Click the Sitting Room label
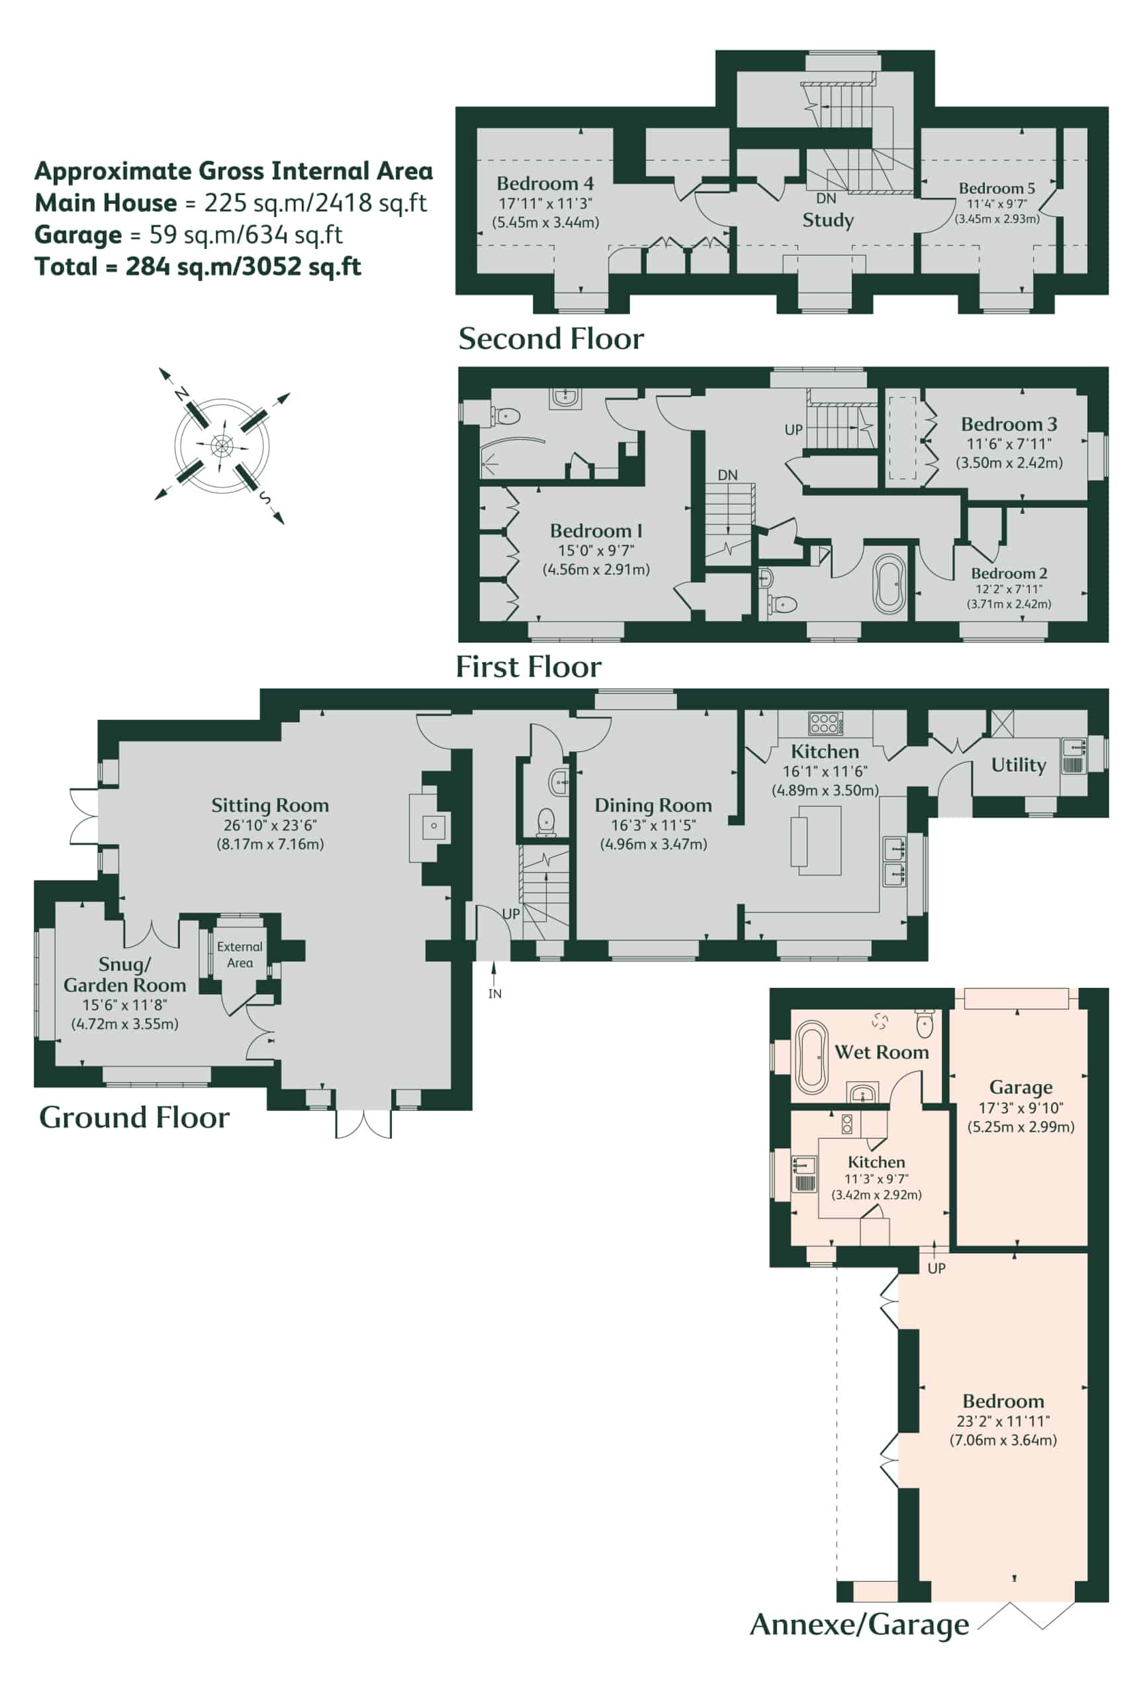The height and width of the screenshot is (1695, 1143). pyautogui.click(x=270, y=806)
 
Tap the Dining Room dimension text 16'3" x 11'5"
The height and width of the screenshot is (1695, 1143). pyautogui.click(x=653, y=825)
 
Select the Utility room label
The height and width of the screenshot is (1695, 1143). pyautogui.click(x=1019, y=765)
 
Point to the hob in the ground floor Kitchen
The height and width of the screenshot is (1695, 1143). pyautogui.click(x=826, y=723)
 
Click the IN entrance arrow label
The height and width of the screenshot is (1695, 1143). pyautogui.click(x=495, y=994)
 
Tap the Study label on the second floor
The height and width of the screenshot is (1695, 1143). pyautogui.click(x=828, y=220)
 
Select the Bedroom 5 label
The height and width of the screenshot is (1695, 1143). pyautogui.click(x=997, y=188)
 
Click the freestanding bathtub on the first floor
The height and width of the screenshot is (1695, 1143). pyautogui.click(x=890, y=585)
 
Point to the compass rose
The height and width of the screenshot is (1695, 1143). pyautogui.click(x=222, y=446)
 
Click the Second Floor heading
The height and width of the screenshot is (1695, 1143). pyautogui.click(x=551, y=339)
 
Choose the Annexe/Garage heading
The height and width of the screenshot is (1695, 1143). pyautogui.click(x=860, y=1625)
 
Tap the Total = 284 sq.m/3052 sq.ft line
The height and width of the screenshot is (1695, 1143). pyautogui.click(x=199, y=267)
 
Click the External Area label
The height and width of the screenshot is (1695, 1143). pyautogui.click(x=240, y=954)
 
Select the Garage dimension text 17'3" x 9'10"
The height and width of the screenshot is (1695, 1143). pyautogui.click(x=1021, y=1108)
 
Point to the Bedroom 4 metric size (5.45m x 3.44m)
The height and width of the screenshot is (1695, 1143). pyautogui.click(x=546, y=222)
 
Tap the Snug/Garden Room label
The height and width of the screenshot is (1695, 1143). pyautogui.click(x=124, y=975)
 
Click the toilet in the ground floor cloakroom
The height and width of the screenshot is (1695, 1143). pyautogui.click(x=547, y=822)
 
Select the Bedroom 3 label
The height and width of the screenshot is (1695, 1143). pyautogui.click(x=1009, y=424)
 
